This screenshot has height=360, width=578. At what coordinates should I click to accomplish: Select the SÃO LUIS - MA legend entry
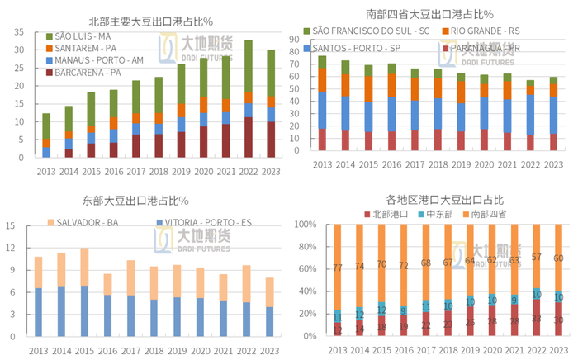pos(83,36)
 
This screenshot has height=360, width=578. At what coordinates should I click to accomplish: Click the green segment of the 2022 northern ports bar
pos(248,66)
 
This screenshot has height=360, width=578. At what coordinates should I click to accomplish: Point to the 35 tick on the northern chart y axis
pos(17,32)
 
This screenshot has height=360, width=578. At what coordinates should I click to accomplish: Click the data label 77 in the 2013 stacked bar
pos(337,268)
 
